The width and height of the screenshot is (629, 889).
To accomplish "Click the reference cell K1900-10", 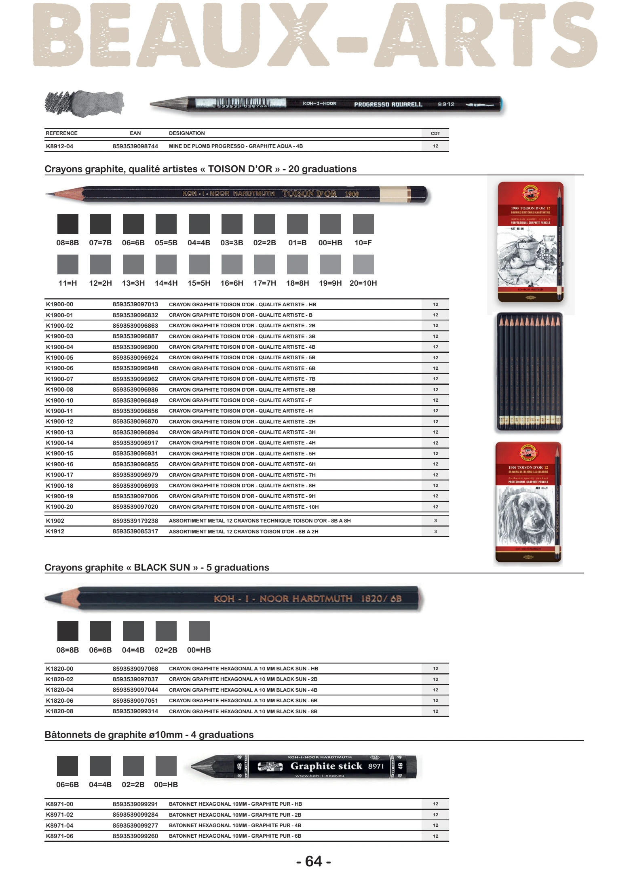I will click(59, 400).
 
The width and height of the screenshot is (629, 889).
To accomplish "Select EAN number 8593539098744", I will click(135, 146).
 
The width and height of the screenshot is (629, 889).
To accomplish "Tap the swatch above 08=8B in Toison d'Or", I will click(68, 224).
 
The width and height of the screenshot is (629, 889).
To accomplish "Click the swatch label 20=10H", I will click(363, 283).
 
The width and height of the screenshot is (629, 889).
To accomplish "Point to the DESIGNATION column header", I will click(187, 133).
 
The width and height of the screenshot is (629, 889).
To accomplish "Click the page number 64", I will click(314, 861).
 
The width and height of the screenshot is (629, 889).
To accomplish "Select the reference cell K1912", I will click(55, 531).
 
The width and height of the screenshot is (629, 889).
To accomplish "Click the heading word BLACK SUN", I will click(162, 567).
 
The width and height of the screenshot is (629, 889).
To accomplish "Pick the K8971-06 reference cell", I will click(59, 836).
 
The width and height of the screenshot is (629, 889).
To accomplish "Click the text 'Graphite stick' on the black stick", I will click(326, 766).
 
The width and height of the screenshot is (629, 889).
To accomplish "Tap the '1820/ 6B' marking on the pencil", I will click(381, 598).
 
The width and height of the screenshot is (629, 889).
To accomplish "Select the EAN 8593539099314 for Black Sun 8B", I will click(135, 711).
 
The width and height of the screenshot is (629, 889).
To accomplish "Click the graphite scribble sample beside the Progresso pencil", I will click(84, 103).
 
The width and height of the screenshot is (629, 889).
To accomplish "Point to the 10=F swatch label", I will click(363, 243).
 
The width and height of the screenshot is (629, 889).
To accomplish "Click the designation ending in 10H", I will click(244, 507).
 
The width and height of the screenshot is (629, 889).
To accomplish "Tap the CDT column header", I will click(435, 133).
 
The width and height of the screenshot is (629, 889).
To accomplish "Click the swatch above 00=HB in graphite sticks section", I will click(166, 766).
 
